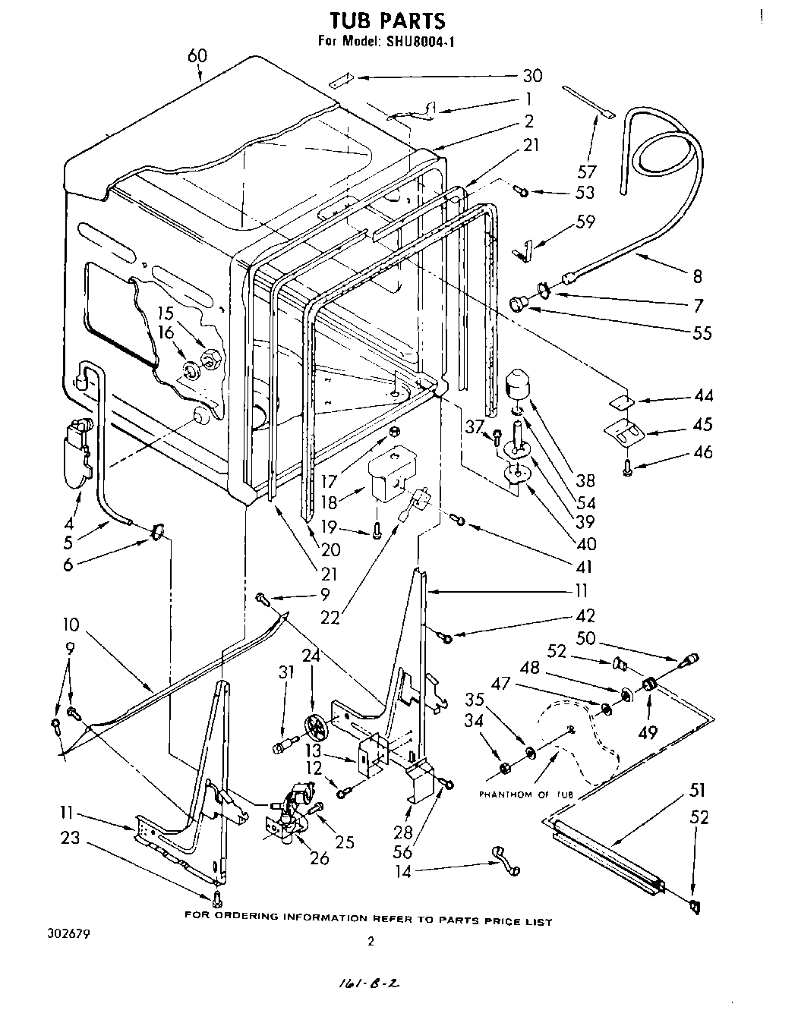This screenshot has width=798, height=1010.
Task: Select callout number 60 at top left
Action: (197, 56)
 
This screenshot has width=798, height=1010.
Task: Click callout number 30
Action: (532, 76)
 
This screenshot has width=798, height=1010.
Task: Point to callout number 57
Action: (587, 171)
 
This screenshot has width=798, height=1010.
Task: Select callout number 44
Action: (702, 396)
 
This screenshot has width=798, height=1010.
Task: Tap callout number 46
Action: (703, 452)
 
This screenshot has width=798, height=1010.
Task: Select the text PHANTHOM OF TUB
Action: (525, 794)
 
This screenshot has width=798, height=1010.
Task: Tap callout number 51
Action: (697, 791)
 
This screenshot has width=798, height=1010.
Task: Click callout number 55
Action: (702, 332)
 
